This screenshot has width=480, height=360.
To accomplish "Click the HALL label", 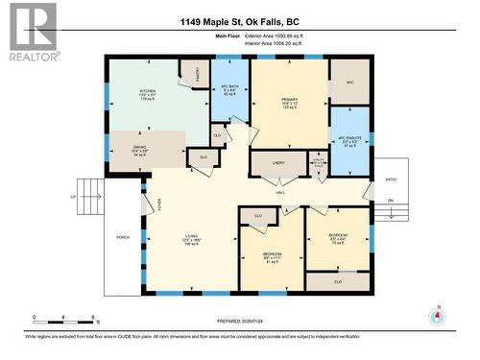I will coord(281,193).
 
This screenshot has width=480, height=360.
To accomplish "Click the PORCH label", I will coord(123,237).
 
